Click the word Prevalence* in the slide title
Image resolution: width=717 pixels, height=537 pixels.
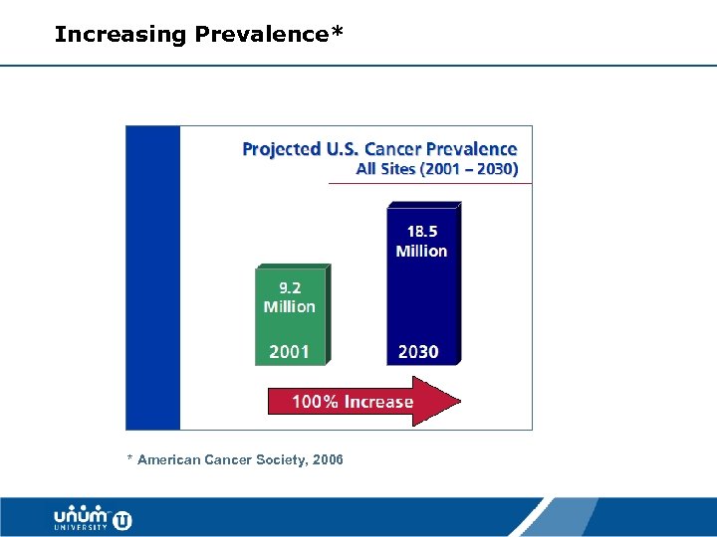pyautogui.click(x=269, y=35)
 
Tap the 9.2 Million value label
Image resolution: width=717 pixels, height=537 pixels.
pyautogui.click(x=289, y=297)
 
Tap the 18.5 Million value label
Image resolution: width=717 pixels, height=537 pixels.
pyautogui.click(x=421, y=242)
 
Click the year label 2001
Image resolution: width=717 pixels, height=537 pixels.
pyautogui.click(x=289, y=351)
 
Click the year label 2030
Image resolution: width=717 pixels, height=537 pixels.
pyautogui.click(x=418, y=351)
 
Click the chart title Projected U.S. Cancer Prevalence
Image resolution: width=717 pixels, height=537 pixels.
pyautogui.click(x=379, y=149)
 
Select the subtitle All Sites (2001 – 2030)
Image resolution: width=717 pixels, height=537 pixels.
pyautogui.click(x=436, y=169)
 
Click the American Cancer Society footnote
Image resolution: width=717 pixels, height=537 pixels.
pyautogui.click(x=235, y=459)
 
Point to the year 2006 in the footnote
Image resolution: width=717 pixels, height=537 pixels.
pyautogui.click(x=327, y=459)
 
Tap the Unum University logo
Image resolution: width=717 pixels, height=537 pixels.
pyautogui.click(x=92, y=518)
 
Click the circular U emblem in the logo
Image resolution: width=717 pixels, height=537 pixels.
pyautogui.click(x=122, y=519)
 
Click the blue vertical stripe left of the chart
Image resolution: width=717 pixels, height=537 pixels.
pyautogui.click(x=152, y=277)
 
